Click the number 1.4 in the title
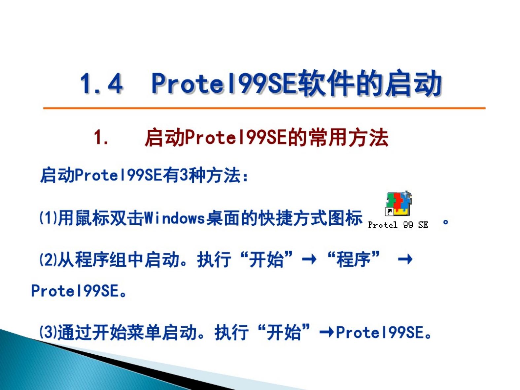pos(101,83)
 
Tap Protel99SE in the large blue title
pos(225,83)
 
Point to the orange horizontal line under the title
pos(264,108)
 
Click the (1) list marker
pos(48,218)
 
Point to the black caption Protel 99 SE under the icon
pos(398,225)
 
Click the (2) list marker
pos(48,260)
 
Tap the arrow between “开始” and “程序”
pos(309,259)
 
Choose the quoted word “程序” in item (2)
pos(353,259)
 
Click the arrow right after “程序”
pos(405,259)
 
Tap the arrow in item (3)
pos(327,332)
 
